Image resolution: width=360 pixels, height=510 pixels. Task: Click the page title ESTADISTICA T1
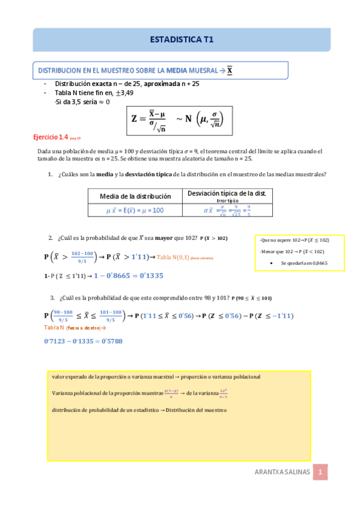[x=180, y=40]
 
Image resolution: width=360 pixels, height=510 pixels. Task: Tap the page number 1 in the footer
[x=322, y=473]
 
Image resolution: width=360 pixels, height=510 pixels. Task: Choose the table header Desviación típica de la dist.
[x=227, y=194]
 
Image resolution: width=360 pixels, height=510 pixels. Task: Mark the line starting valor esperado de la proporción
[x=157, y=376]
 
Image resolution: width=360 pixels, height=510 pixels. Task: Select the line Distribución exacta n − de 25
[x=127, y=84]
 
